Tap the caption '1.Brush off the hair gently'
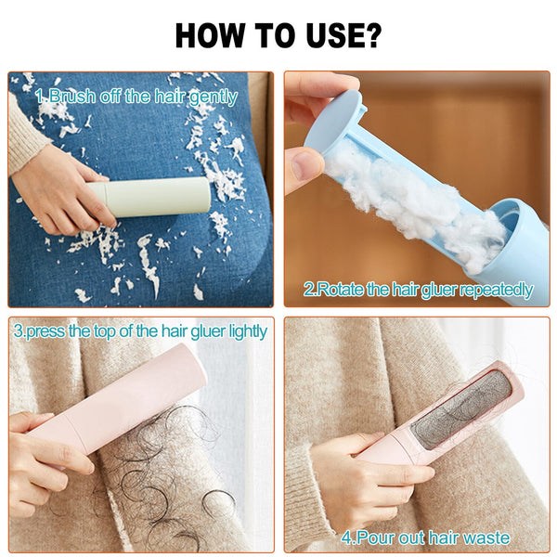pyautogui.click(x=136, y=97)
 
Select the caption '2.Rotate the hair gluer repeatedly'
pyautogui.click(x=419, y=290)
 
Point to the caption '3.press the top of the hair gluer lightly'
pyautogui.click(x=140, y=331)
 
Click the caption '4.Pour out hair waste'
pyautogui.click(x=425, y=537)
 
